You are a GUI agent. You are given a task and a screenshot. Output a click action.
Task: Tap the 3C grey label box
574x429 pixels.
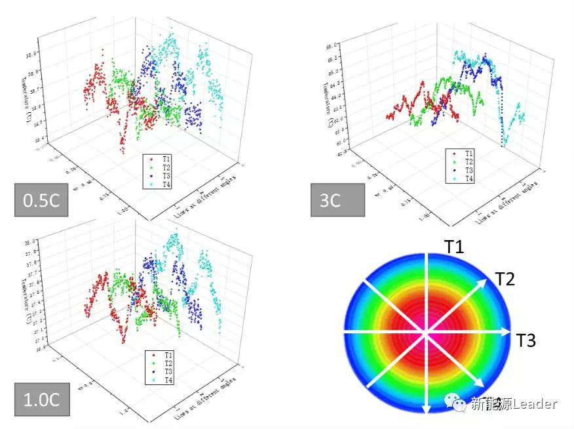(337, 199)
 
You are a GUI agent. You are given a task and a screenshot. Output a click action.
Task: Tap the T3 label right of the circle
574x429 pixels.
(526, 340)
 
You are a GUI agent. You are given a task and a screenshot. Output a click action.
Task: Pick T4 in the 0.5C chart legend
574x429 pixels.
(164, 185)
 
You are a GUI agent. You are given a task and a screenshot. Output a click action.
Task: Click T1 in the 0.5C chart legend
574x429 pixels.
(164, 159)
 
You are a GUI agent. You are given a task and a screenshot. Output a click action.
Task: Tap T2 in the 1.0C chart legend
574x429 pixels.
(166, 363)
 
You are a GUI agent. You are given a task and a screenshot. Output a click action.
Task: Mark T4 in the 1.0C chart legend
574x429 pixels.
(166, 380)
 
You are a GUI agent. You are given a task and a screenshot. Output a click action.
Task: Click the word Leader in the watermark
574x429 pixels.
(535, 404)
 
